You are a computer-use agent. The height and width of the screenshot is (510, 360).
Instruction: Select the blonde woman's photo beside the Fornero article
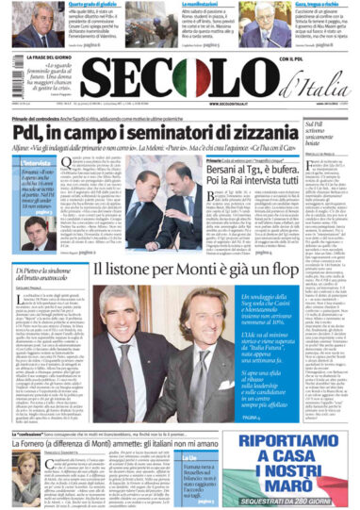coord(22,448)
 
